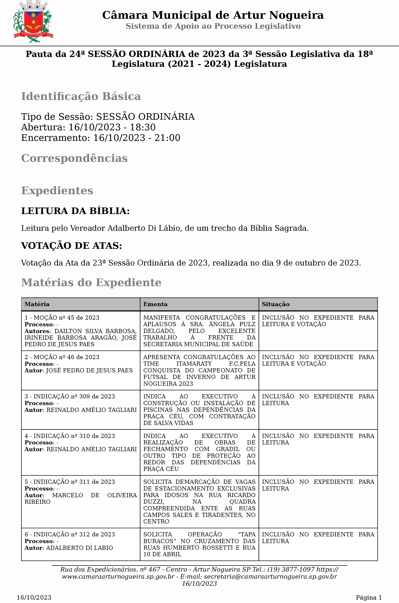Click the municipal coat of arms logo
[33, 22]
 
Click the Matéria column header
[37, 304]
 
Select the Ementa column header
[155, 304]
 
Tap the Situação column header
[276, 304]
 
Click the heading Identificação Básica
[81, 96]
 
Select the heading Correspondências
[74, 158]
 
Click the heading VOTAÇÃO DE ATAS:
[71, 246]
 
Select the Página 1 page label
[368, 597]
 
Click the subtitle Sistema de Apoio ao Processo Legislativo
[213, 26]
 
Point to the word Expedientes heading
[57, 191]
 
